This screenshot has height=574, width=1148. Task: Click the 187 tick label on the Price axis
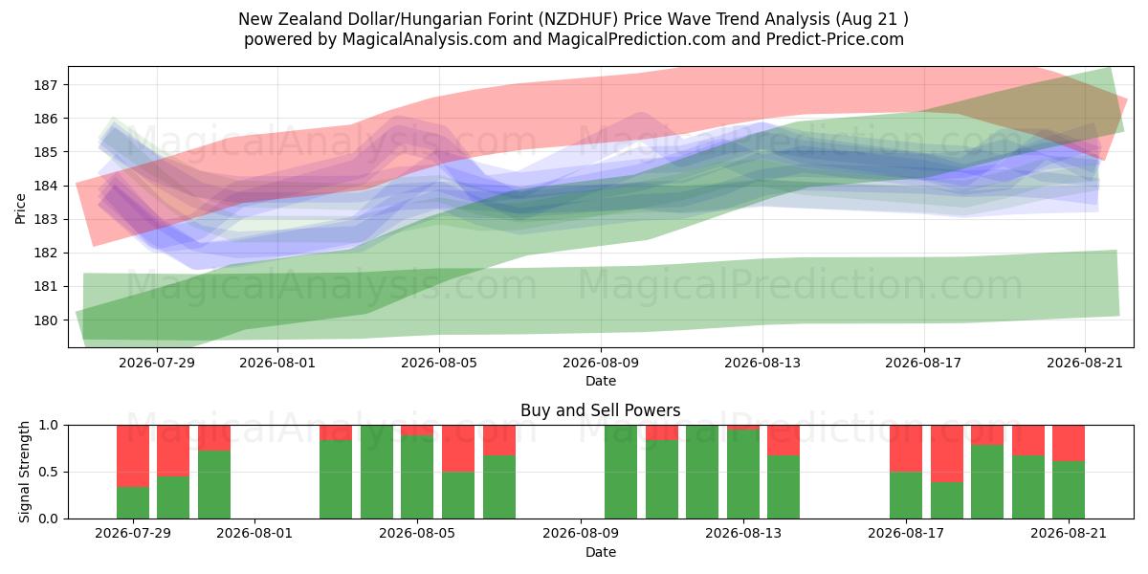click(x=45, y=85)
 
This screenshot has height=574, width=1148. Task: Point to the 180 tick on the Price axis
click(x=45, y=320)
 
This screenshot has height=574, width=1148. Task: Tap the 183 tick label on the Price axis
click(x=45, y=219)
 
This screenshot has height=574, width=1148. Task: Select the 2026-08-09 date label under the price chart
click(x=601, y=363)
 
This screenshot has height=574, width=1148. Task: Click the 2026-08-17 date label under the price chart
click(x=923, y=363)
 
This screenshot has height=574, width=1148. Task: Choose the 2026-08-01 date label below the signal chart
click(x=254, y=534)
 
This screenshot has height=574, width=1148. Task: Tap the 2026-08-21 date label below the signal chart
click(x=1069, y=534)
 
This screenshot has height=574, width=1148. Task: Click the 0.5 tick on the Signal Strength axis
click(x=48, y=472)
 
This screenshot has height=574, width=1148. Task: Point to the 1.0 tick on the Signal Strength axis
click(x=48, y=426)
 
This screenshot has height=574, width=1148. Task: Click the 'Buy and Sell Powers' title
click(x=601, y=410)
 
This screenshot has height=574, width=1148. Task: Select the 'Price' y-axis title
click(x=20, y=209)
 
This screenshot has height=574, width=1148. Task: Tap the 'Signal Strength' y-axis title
click(x=24, y=472)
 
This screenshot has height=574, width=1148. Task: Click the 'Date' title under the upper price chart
click(x=601, y=382)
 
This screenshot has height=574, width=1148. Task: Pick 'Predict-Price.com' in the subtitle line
click(x=835, y=39)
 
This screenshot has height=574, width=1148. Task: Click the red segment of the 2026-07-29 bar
click(x=133, y=456)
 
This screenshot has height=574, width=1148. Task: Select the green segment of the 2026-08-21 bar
click(x=1069, y=490)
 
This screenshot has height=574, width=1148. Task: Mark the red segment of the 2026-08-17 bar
click(x=906, y=449)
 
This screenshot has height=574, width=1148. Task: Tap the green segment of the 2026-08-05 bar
click(x=417, y=477)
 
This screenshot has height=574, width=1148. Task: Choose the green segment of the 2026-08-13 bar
click(x=743, y=475)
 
